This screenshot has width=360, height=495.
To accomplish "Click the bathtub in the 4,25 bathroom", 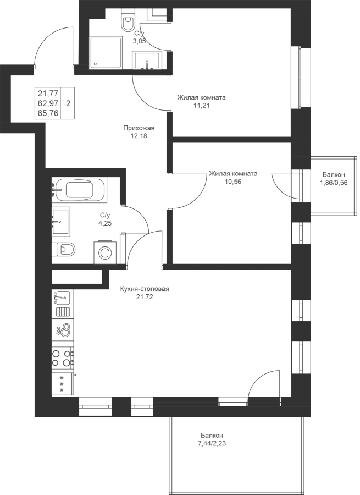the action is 80,190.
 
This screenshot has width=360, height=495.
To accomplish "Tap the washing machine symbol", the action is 105,252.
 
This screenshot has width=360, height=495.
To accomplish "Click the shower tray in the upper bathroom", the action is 106,53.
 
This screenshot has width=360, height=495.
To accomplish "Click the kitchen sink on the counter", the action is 63,298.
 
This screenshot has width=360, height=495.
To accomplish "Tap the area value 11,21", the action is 201,106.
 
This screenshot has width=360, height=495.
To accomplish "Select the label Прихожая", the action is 139,128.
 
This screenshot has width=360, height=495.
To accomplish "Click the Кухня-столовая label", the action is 145,289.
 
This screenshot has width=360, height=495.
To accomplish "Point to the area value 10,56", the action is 233,182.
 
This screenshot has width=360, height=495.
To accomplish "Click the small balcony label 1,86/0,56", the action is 334,182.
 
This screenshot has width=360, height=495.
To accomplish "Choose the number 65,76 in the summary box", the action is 48,113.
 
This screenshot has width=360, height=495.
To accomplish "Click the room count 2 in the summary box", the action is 68,103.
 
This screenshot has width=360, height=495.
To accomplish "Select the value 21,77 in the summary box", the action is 48,93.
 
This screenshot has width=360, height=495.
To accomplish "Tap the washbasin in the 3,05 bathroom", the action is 147,61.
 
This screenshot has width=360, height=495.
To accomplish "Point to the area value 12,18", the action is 139,136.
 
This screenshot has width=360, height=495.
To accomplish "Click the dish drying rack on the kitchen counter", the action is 63,312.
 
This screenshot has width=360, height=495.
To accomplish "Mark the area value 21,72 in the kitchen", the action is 145,297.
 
